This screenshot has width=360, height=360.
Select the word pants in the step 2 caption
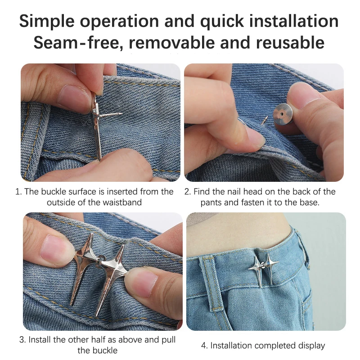pos(211,202)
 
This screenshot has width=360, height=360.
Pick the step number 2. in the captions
pos(188,192)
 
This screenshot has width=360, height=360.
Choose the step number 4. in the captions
pos(204,346)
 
